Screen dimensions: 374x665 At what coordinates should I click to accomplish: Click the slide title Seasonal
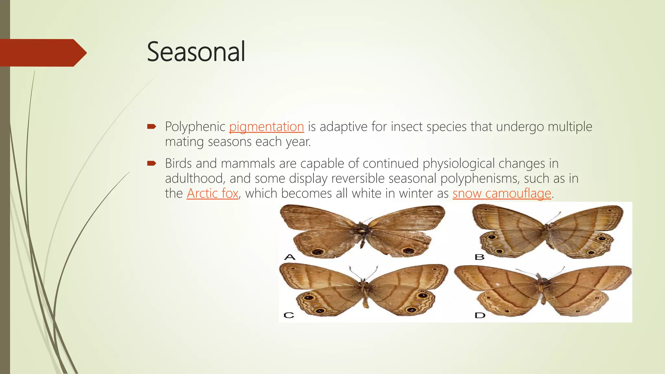[x=196, y=52]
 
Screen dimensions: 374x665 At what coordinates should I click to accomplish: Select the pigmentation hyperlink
[x=266, y=127]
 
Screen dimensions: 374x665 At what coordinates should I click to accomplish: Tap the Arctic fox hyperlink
[x=212, y=193]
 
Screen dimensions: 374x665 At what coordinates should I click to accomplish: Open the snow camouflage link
[x=502, y=193]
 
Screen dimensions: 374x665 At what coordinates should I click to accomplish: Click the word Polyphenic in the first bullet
[x=195, y=127]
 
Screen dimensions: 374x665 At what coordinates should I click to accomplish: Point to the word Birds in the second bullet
[x=178, y=163]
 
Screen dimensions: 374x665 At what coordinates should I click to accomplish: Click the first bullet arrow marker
[x=152, y=126]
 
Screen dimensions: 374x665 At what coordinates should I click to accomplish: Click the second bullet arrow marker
[x=152, y=163]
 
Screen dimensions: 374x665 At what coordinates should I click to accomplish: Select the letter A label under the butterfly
[x=290, y=257]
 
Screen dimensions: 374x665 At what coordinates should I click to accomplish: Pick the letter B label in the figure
[x=479, y=257]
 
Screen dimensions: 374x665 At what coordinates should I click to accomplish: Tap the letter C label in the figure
[x=289, y=315]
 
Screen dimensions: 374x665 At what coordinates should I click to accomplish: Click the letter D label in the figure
[x=480, y=315]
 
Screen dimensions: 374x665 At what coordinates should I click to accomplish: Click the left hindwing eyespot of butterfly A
[x=317, y=252]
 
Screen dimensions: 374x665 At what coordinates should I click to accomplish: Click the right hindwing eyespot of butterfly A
[x=408, y=251]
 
